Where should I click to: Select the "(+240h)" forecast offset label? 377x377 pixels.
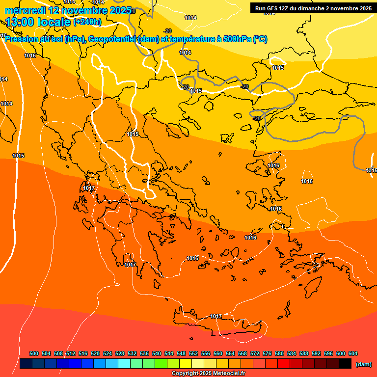click(87, 22)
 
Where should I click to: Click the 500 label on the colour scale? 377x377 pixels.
click(34, 353)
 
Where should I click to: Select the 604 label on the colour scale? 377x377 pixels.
click(353, 353)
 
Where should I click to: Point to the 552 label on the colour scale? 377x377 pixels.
click(193, 353)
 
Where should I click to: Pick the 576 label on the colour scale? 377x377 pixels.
click(267, 353)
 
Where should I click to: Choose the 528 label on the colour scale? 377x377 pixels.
click(120, 353)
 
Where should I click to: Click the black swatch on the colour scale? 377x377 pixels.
click(345, 364)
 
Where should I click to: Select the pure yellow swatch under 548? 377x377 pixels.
click(186, 364)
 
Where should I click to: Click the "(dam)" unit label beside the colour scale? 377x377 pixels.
click(363, 364)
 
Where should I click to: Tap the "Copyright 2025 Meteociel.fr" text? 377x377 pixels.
click(209, 374)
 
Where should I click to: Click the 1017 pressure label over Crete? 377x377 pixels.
click(216, 316)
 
